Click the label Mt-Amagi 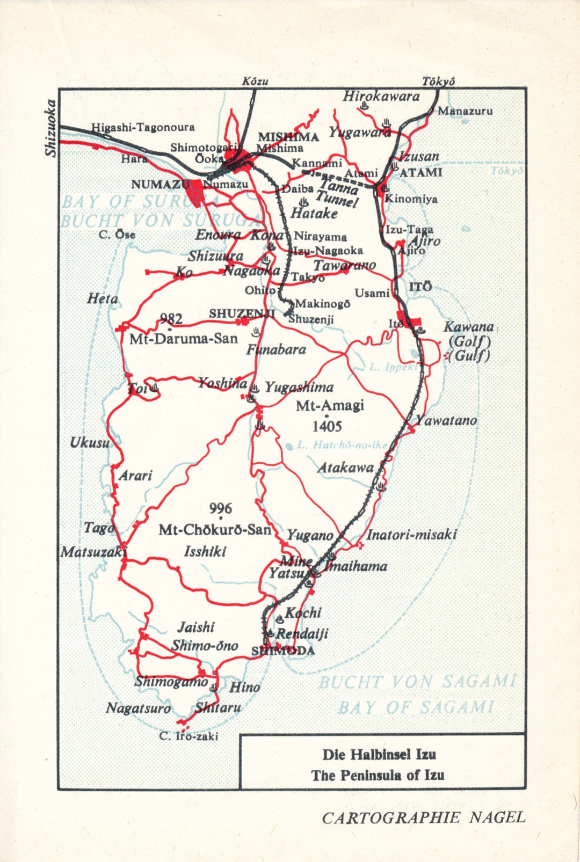330,405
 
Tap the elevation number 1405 327,427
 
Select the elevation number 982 171,319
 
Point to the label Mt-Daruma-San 184,339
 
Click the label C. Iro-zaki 189,736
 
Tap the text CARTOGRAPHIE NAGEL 423,817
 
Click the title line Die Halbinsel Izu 379,755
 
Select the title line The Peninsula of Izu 378,775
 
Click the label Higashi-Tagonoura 143,127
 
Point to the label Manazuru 465,111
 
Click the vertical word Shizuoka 50,128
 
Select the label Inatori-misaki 411,535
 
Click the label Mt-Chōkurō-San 215,530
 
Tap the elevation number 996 220,508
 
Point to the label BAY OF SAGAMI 416,707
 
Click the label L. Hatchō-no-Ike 342,445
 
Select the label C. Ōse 117,235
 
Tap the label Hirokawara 381,97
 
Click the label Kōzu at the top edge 255,82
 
